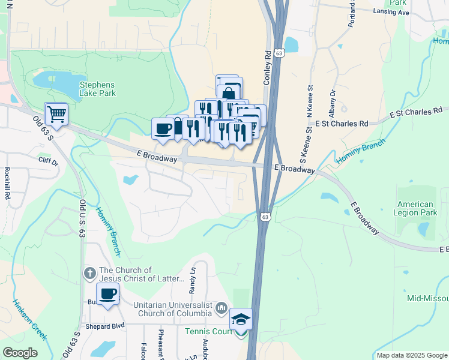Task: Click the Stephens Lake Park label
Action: pyautogui.click(x=97, y=89)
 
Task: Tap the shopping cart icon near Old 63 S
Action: pyautogui.click(x=56, y=113)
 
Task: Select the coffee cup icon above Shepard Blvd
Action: pyautogui.click(x=108, y=294)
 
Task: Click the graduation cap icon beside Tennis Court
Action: pyautogui.click(x=241, y=319)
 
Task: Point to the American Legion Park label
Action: pyautogui.click(x=415, y=208)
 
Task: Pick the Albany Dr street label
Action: pyautogui.click(x=331, y=101)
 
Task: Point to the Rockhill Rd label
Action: pyautogui.click(x=7, y=184)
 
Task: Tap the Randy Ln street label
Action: pyautogui.click(x=193, y=281)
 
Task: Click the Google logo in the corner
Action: pyautogui.click(x=20, y=352)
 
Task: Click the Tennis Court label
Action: pyautogui.click(x=207, y=331)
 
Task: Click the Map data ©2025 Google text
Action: pyautogui.click(x=412, y=355)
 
